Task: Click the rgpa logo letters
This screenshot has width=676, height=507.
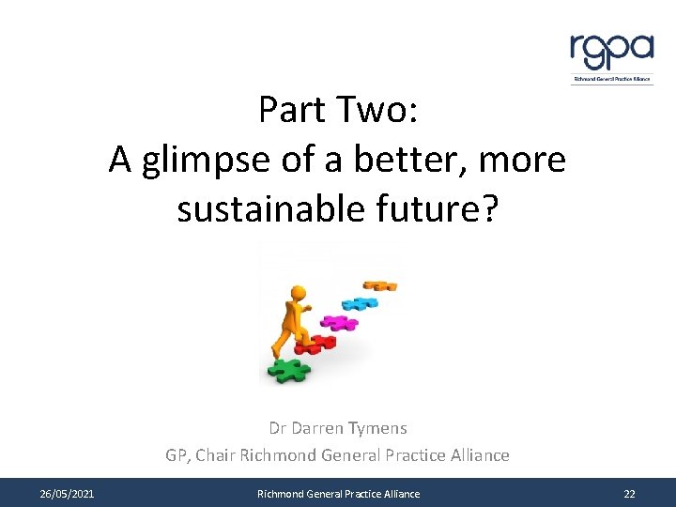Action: (x=611, y=51)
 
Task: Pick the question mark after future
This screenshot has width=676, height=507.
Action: (x=488, y=210)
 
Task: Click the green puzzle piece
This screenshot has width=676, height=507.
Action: (x=290, y=370)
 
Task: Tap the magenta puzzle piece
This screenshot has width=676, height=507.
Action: (x=339, y=322)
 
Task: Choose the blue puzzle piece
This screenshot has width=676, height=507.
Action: (x=359, y=303)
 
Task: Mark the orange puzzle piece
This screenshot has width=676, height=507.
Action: (x=379, y=284)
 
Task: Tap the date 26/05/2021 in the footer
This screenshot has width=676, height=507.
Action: (x=67, y=494)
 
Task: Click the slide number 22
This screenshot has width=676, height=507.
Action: (x=628, y=494)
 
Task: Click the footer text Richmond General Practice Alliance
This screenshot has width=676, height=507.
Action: (x=339, y=494)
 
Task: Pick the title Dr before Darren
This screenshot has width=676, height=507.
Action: (x=278, y=428)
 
